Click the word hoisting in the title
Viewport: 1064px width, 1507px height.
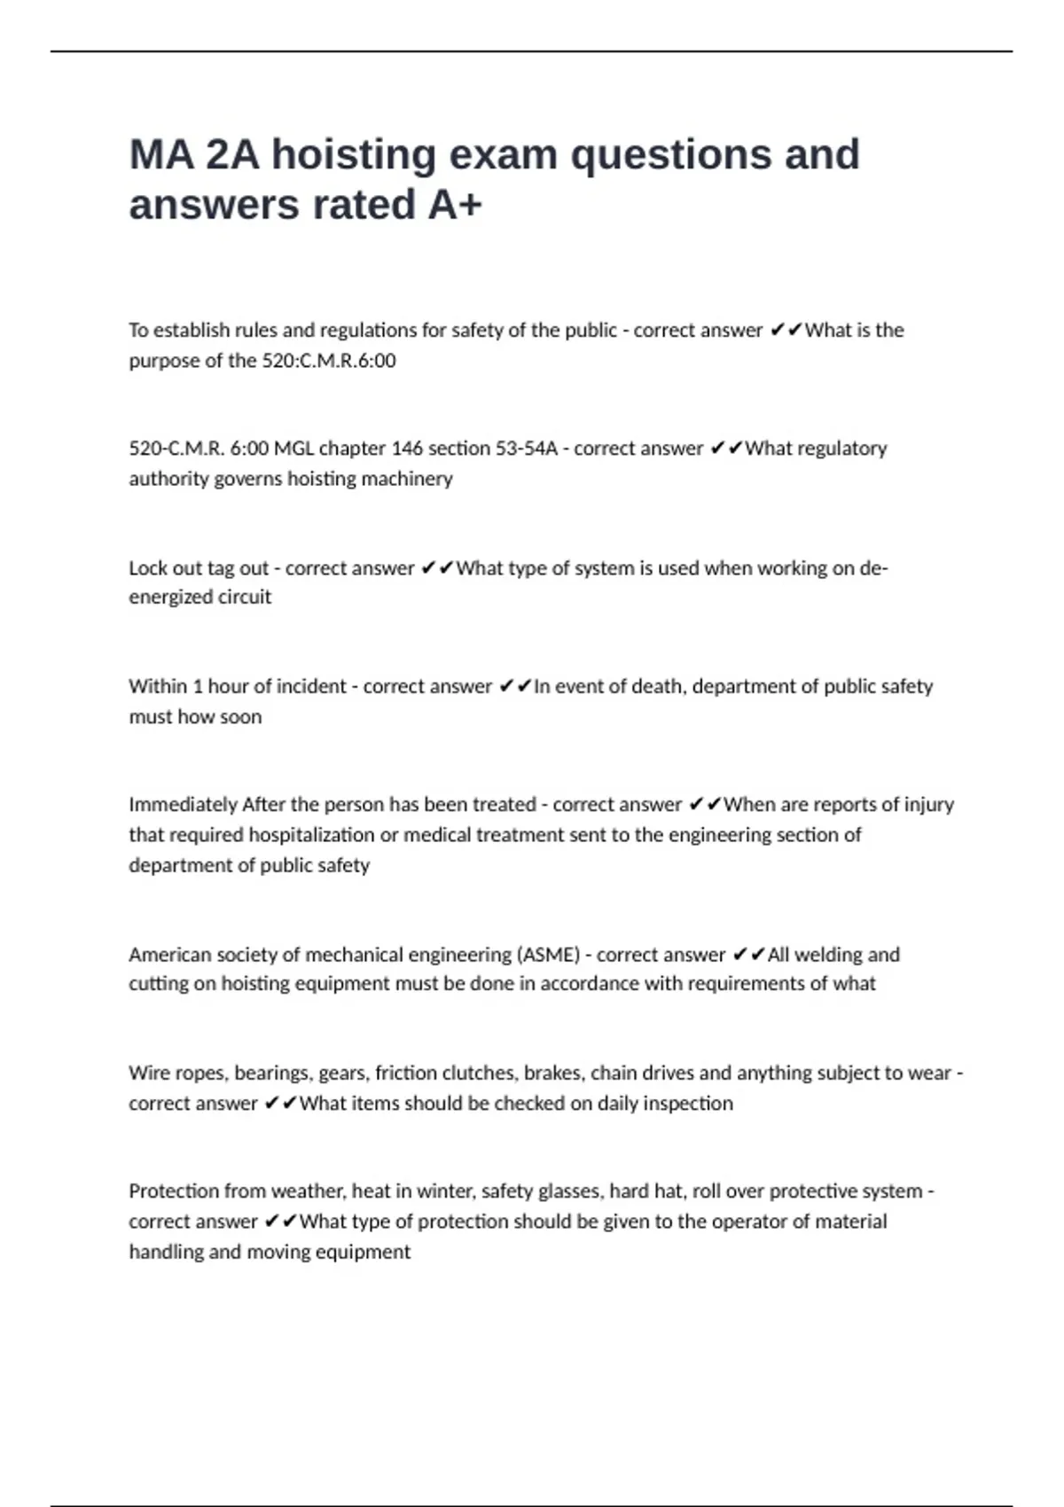point(354,155)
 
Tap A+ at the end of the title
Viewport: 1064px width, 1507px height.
point(455,205)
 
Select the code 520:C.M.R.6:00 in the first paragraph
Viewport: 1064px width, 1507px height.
point(329,361)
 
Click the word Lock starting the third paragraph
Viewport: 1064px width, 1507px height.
point(147,568)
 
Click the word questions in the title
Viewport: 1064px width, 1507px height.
point(670,155)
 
